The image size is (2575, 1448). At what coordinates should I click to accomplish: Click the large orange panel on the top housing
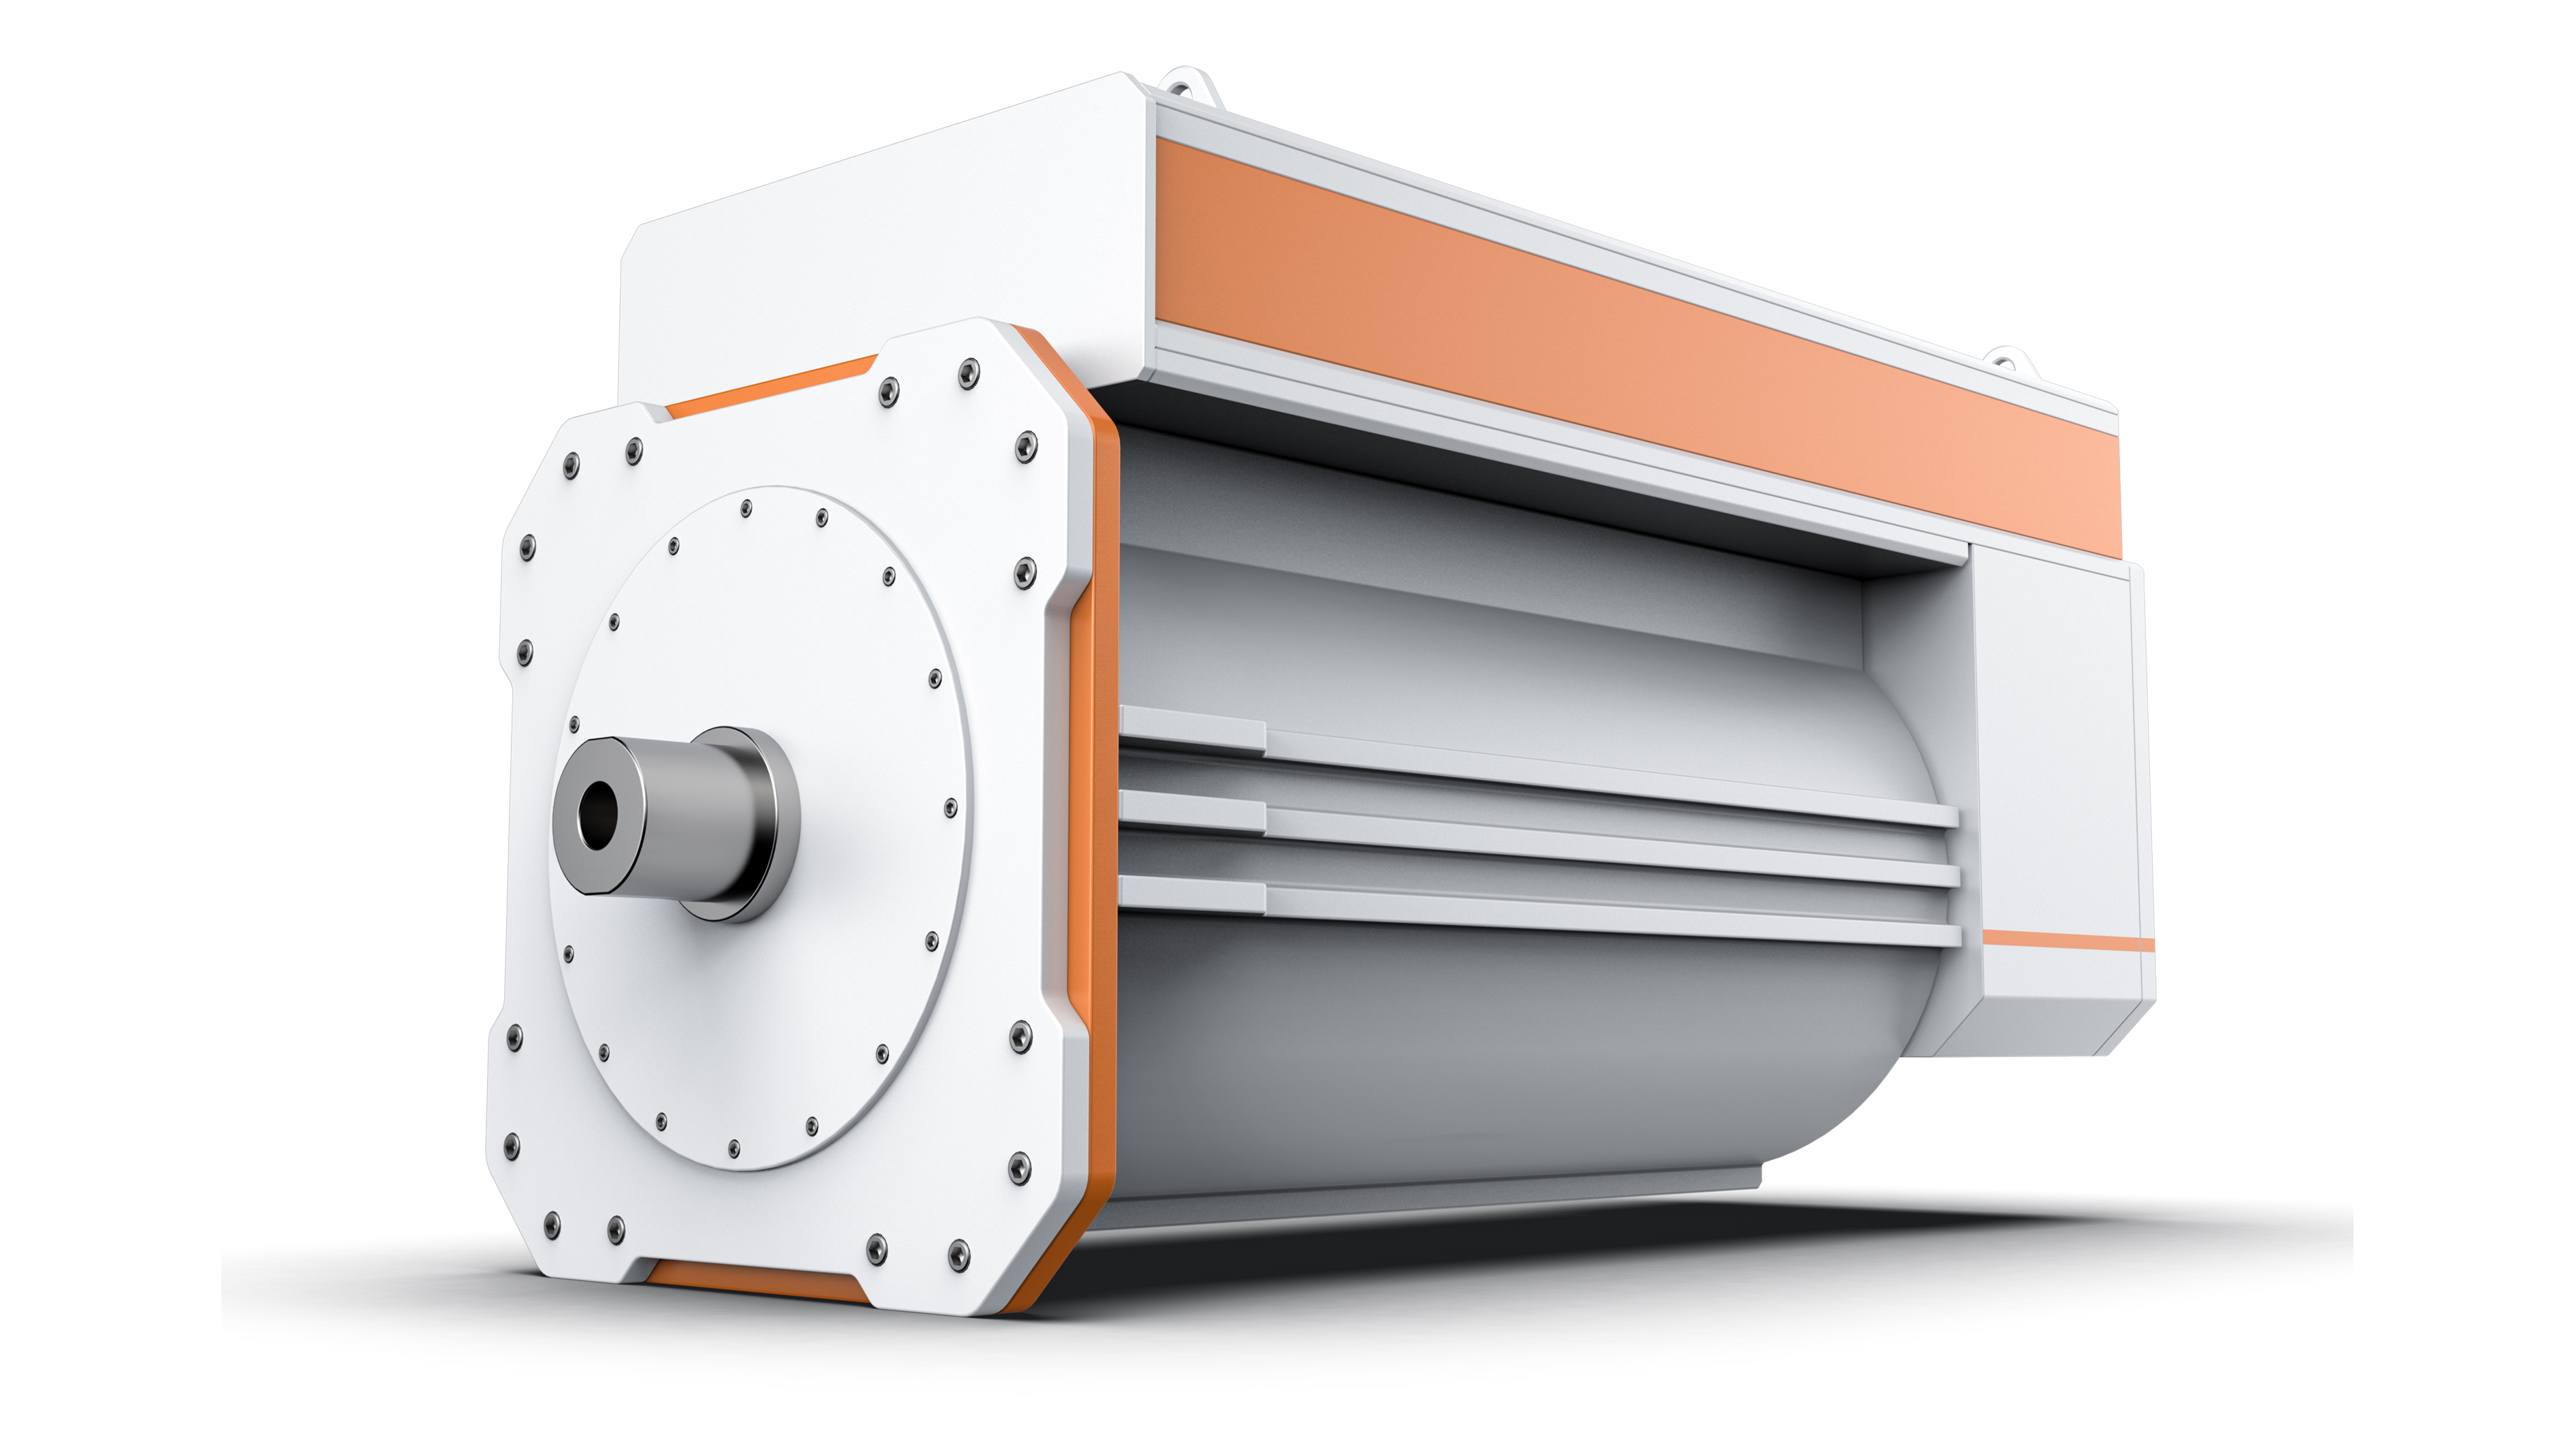(1640, 345)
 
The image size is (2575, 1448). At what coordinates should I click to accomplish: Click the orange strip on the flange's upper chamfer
(770, 385)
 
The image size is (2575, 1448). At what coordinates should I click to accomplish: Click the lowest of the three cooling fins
(1540, 911)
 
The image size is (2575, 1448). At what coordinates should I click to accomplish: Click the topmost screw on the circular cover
(746, 509)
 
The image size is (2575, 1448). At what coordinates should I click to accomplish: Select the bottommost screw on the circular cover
(734, 1148)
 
